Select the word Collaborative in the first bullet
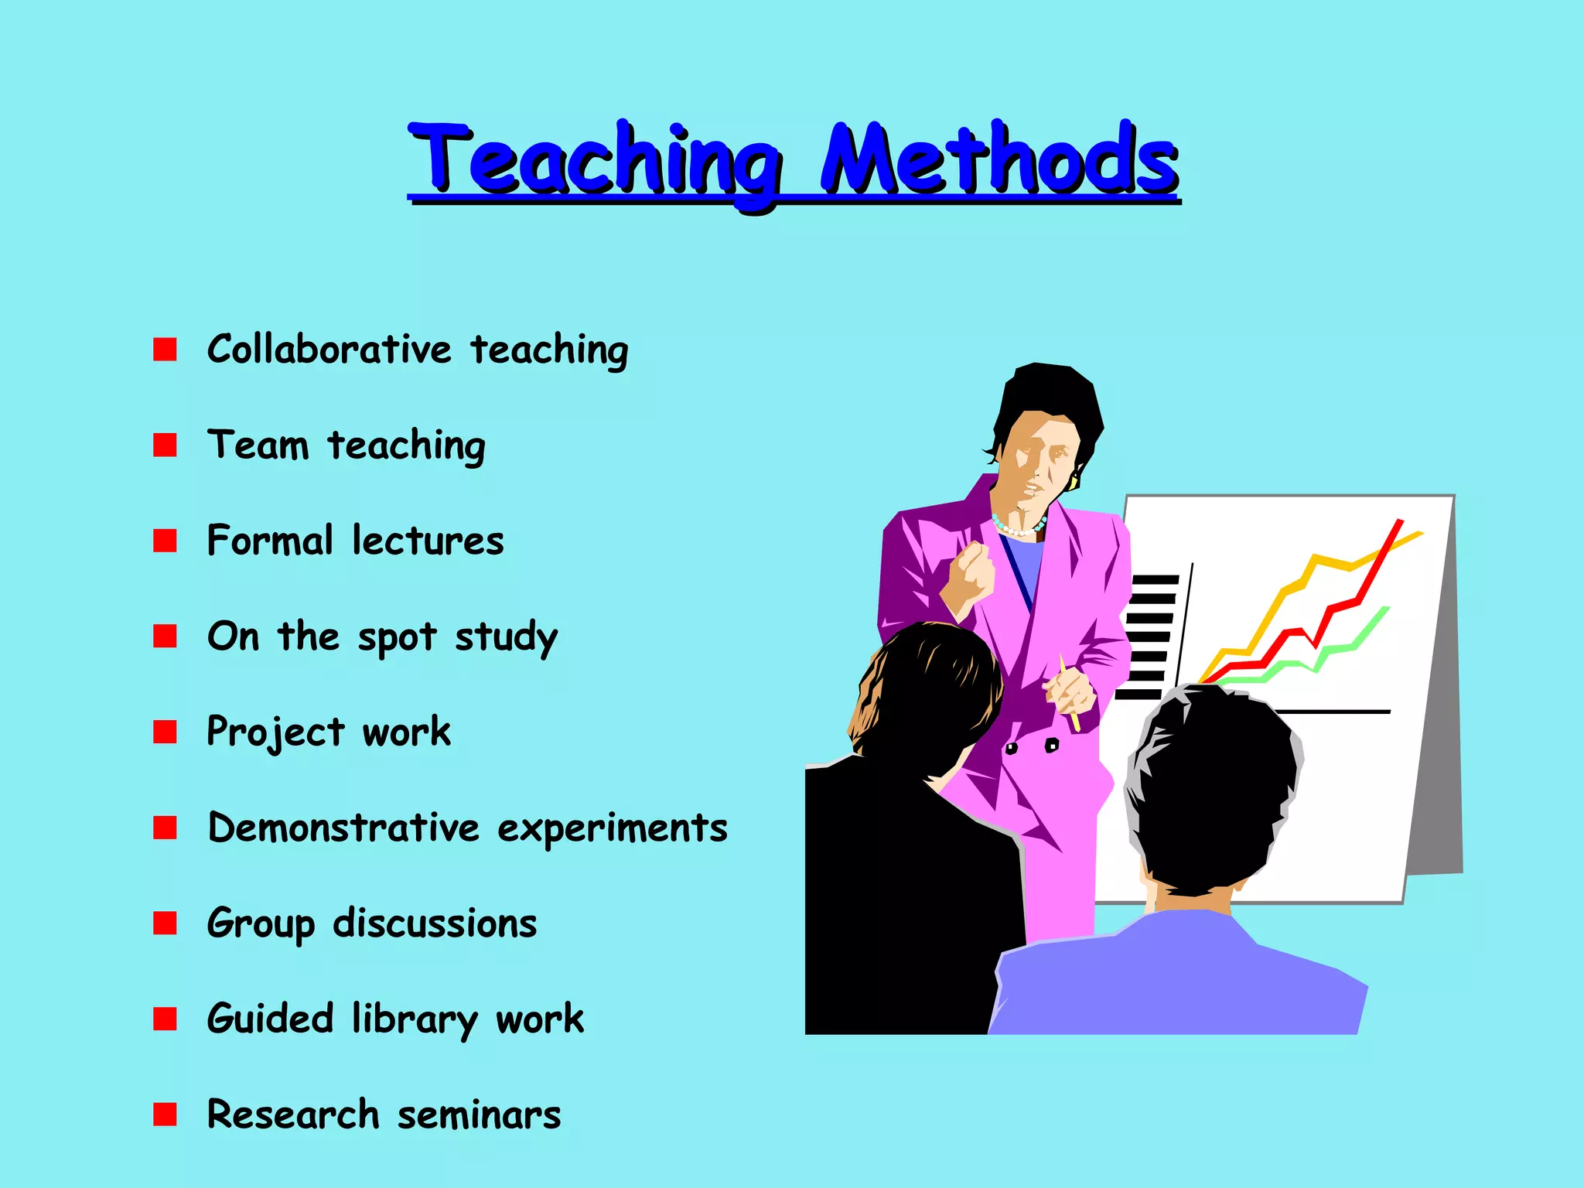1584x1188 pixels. [x=329, y=350]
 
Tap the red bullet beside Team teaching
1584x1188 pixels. [x=165, y=445]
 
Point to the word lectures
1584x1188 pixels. [x=428, y=541]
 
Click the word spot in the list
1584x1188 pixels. [x=396, y=638]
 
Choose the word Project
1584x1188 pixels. [x=275, y=732]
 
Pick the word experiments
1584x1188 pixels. [x=612, y=828]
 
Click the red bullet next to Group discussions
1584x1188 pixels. [x=165, y=923]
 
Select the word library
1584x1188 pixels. [x=415, y=1019]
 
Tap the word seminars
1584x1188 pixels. [x=479, y=1115]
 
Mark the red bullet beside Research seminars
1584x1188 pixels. [x=165, y=1115]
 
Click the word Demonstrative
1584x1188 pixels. [x=343, y=828]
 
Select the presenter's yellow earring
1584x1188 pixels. [x=1074, y=482]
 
